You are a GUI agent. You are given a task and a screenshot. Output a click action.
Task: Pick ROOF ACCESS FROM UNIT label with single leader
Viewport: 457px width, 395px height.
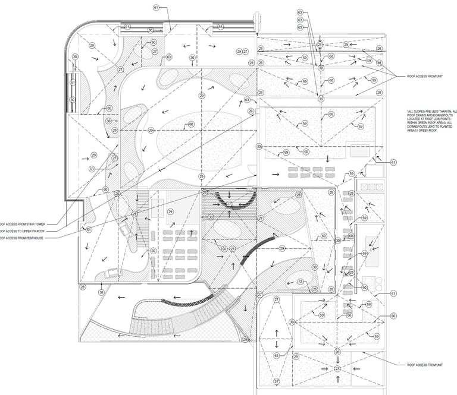point(424,365)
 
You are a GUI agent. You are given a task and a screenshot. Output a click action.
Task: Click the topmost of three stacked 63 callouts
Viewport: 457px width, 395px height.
point(301,12)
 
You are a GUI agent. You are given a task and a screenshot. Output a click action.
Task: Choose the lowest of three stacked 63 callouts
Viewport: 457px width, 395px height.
point(301,29)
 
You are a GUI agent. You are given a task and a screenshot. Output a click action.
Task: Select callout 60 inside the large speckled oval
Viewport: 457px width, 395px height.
point(190,125)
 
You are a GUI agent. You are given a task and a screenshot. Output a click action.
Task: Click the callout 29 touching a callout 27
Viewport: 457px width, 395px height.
point(239,52)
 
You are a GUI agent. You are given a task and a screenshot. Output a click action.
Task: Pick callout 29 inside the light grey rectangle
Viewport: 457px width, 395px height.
point(171,211)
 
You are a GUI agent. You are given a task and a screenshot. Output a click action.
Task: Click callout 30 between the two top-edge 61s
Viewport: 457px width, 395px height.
point(151,30)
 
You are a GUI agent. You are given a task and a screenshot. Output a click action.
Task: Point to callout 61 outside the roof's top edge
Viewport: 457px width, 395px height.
point(156,8)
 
